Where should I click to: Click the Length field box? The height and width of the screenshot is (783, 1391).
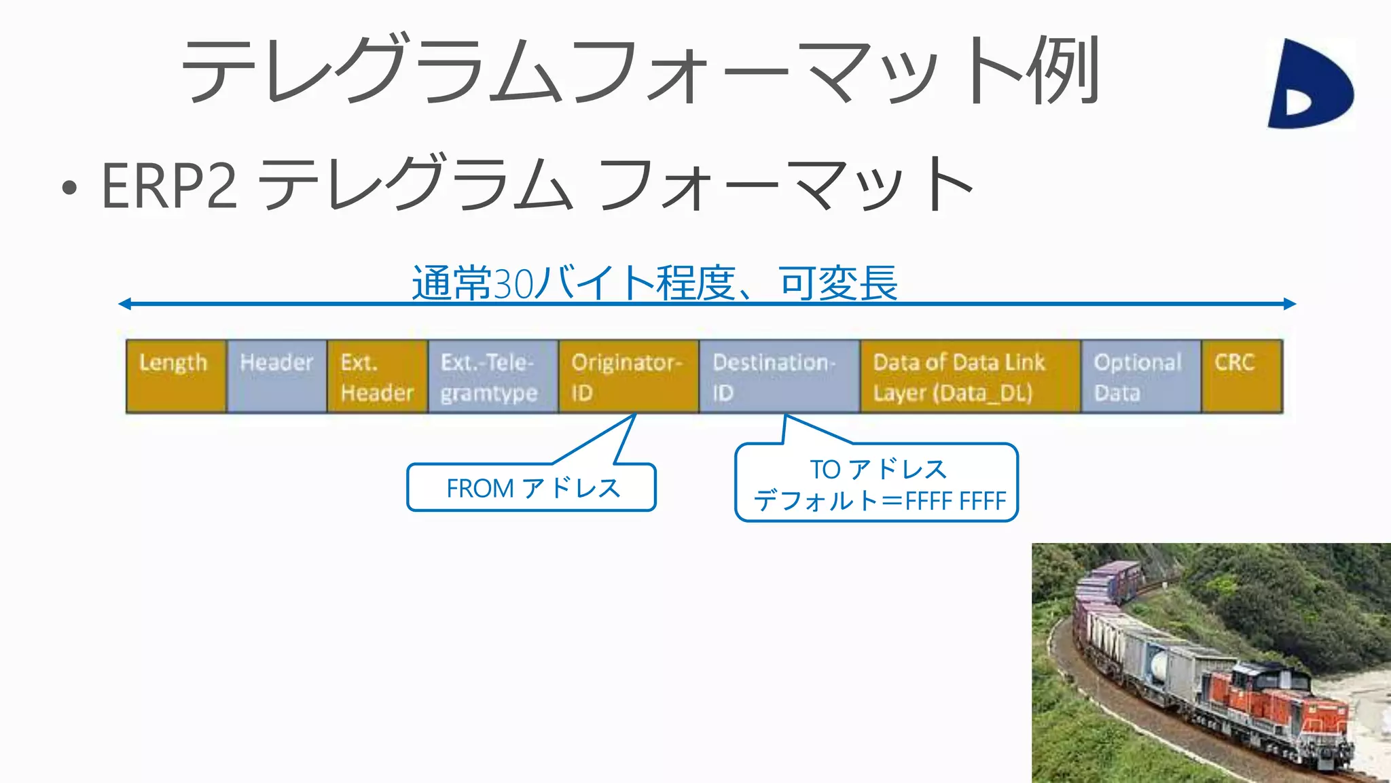(x=176, y=376)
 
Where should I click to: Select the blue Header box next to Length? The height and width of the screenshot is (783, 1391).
(x=277, y=376)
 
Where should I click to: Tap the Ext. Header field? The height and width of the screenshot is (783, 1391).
(x=378, y=376)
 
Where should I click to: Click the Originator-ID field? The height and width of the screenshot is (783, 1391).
(x=628, y=376)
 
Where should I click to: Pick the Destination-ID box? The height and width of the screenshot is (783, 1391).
(x=779, y=376)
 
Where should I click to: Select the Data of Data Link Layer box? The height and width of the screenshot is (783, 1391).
(x=970, y=376)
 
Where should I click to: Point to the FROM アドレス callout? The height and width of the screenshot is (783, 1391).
(x=532, y=487)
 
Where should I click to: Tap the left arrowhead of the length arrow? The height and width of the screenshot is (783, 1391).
(x=124, y=304)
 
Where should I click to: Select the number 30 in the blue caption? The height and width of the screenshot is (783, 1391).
(x=513, y=283)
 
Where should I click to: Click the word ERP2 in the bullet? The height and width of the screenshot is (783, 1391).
(x=169, y=186)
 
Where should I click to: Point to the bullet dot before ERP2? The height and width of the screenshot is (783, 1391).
(x=69, y=188)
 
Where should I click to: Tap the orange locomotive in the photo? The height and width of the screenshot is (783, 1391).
(x=1270, y=714)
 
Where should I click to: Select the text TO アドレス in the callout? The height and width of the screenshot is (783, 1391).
(x=878, y=469)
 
